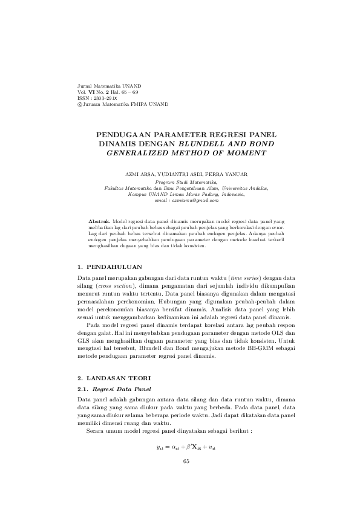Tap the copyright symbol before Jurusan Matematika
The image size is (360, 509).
coord(74,104)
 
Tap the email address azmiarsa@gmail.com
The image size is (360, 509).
coord(195,200)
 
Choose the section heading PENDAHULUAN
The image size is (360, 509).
coord(114,267)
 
